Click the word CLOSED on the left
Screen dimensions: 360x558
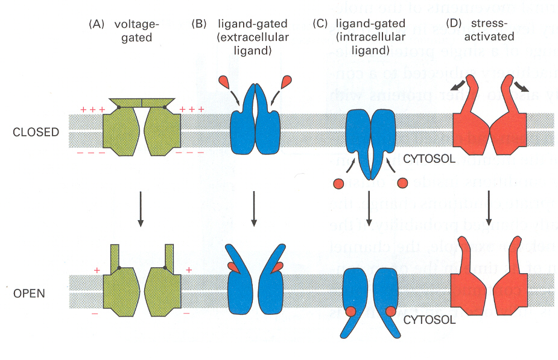pos(36,132)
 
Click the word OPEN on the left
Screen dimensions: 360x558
pos(28,295)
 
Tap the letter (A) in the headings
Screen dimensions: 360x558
pos(96,25)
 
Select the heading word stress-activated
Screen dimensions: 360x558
pos(489,30)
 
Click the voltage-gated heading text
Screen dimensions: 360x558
pos(135,30)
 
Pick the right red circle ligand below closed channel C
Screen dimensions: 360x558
pos(402,182)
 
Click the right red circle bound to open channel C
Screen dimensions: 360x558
pos(390,312)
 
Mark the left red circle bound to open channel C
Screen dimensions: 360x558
pos(350,312)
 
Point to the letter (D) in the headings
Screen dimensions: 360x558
pos(453,25)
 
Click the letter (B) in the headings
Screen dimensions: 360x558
pos(198,25)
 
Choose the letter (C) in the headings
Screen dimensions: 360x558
pos(322,25)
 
